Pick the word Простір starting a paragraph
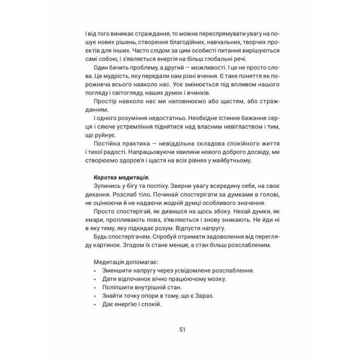[x=105, y=102]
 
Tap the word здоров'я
[x=128, y=162]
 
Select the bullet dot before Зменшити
[x=95, y=271]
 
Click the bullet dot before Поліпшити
[x=95, y=288]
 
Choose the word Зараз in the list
[x=202, y=296]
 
